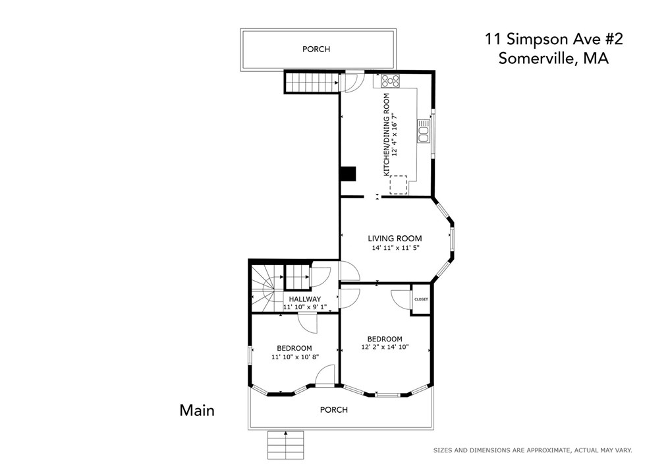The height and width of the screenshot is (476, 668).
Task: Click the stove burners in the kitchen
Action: [391, 80]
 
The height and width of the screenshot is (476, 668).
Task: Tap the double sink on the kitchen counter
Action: [424, 132]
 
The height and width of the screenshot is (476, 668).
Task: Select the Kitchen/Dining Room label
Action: [387, 134]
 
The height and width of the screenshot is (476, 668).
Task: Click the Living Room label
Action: [395, 239]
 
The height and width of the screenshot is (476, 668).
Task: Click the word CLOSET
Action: [421, 299]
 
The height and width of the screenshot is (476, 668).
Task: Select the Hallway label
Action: [305, 299]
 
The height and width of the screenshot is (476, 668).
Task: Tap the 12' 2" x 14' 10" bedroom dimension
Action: [385, 347]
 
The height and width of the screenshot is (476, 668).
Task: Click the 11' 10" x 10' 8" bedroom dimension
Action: [295, 357]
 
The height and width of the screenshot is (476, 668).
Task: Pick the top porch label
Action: [316, 49]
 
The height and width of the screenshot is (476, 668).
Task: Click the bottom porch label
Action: [334, 410]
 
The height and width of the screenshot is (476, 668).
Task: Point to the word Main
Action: [197, 410]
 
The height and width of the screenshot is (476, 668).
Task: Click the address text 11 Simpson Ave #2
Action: [554, 40]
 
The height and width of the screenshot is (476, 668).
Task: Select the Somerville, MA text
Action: [554, 58]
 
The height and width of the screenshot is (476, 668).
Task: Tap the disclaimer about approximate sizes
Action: [532, 450]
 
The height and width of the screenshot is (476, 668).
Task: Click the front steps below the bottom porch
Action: [285, 445]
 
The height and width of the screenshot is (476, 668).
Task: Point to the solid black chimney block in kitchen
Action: [348, 174]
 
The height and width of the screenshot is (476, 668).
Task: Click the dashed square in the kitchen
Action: [399, 185]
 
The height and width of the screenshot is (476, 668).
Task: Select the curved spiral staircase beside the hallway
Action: [267, 289]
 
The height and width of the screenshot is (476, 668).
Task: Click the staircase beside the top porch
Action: [312, 82]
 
